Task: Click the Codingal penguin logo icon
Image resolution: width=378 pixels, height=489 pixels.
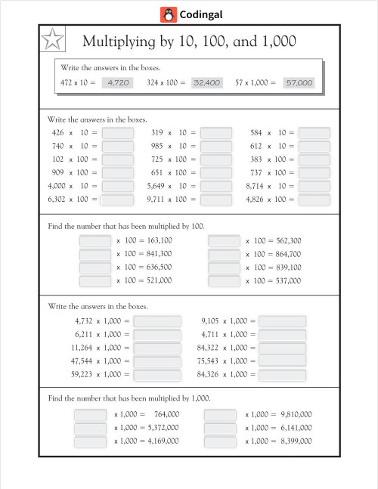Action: pos(169,14)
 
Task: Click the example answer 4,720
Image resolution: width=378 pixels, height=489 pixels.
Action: pos(118,82)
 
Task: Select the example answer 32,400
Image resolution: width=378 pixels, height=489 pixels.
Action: pos(206,82)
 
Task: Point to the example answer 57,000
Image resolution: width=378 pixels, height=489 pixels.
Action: pos(299,82)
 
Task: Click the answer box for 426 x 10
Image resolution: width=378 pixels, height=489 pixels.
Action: pos(117,133)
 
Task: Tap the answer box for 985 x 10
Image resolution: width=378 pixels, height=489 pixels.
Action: pos(216,147)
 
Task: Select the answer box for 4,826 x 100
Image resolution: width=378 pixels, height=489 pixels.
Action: pos(314,200)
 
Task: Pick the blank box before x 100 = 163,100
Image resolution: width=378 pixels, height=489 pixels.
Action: pos(95,240)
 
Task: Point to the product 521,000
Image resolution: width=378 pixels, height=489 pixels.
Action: pos(154,281)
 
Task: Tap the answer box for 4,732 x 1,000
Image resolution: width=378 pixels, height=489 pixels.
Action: pos(157,321)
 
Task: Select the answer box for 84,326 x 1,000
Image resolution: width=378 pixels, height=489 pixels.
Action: pos(282,375)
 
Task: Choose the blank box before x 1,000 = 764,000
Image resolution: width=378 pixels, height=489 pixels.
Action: pos(90,415)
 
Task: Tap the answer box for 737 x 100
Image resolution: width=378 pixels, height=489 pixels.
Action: pos(314,173)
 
